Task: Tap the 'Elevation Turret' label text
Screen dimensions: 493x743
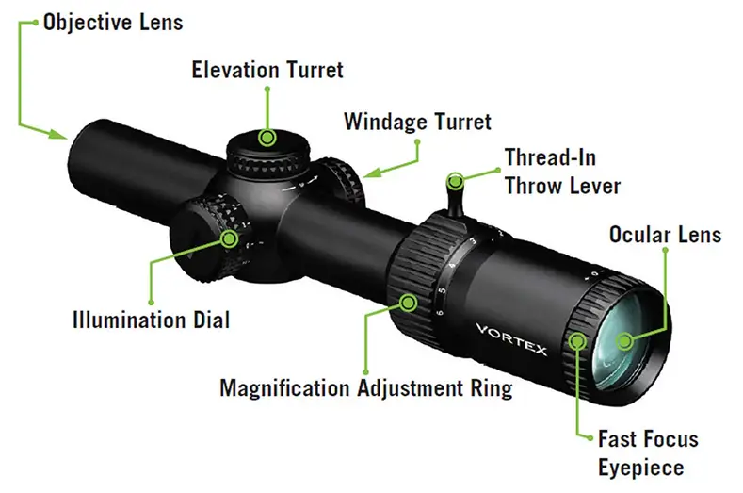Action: click(x=267, y=70)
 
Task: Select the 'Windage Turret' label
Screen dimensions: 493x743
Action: click(x=417, y=122)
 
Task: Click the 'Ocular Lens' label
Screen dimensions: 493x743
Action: click(x=665, y=234)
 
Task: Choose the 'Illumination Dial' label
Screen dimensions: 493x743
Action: click(x=151, y=320)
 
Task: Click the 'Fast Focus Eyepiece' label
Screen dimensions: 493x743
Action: click(x=648, y=452)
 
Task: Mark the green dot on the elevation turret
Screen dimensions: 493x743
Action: click(x=267, y=138)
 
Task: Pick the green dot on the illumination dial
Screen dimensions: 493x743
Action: click(x=229, y=238)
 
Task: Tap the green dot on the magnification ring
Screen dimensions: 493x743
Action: click(x=409, y=302)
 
